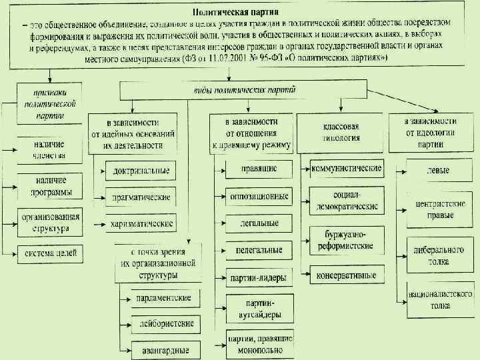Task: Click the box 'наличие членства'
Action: [x=47, y=150]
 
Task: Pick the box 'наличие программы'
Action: [x=47, y=187]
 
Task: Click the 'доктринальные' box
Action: [x=141, y=171]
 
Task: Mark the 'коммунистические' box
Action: [x=346, y=169]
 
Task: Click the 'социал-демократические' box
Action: [x=347, y=200]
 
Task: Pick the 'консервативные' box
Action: [x=347, y=274]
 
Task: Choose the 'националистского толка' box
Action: [x=440, y=299]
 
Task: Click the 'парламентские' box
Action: [x=161, y=297]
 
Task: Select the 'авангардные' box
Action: [x=161, y=349]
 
